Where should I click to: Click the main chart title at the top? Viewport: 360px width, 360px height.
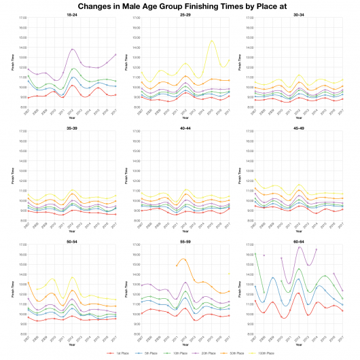pos(180,5)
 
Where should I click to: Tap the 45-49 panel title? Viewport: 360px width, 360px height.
pos(298,128)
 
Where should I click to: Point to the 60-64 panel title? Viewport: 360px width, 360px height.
pos(298,240)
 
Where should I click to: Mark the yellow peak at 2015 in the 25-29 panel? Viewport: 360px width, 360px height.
pos(212,41)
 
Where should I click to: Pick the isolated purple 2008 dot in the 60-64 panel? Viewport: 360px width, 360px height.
pos(264,255)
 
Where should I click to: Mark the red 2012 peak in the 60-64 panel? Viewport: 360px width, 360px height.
pos(298,293)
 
